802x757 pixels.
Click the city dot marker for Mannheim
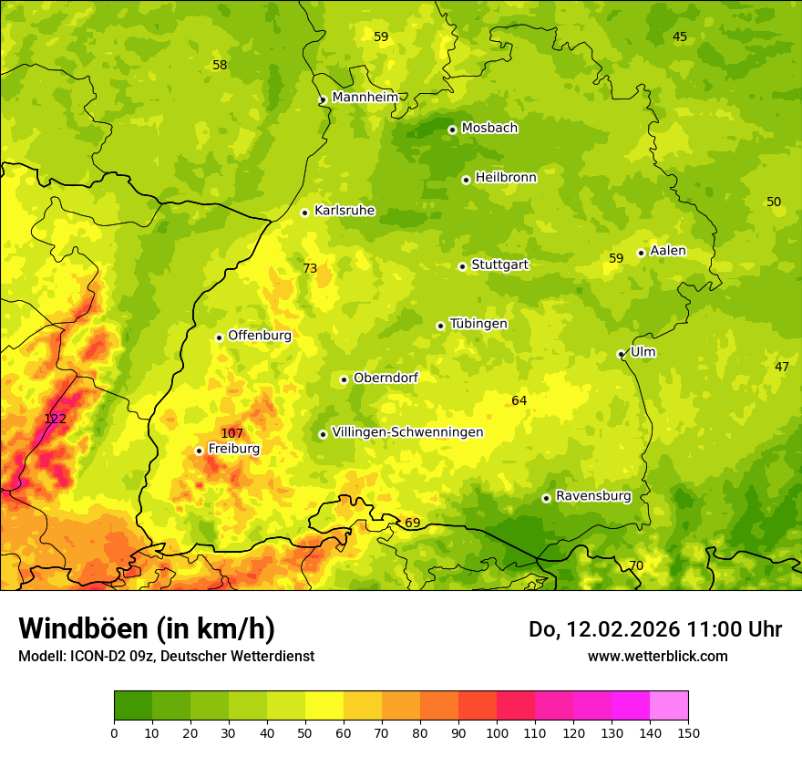(323, 100)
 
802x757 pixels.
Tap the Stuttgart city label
(499, 265)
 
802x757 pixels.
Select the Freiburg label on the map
(234, 449)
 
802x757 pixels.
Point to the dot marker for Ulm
(621, 354)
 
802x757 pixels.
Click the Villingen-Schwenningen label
(407, 432)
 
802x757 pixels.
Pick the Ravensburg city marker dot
(546, 498)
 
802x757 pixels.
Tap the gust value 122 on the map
(56, 419)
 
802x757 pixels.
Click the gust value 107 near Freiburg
(231, 433)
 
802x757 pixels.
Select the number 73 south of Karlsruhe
(310, 268)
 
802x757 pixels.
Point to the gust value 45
(680, 36)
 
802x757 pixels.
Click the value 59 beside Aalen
(616, 258)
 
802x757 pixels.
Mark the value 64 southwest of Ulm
(519, 400)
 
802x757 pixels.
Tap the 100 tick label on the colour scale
(497, 732)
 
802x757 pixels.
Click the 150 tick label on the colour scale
(688, 732)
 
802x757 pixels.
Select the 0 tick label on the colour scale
(114, 732)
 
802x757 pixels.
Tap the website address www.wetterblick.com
(657, 656)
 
